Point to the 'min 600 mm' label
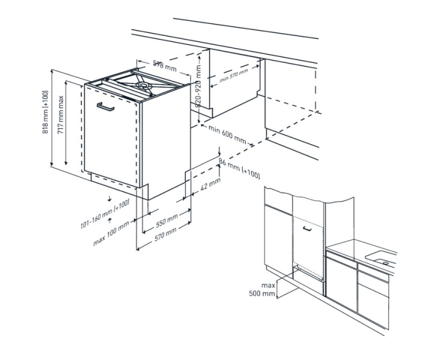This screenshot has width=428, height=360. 227,135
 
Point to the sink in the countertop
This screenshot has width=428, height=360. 381,259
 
